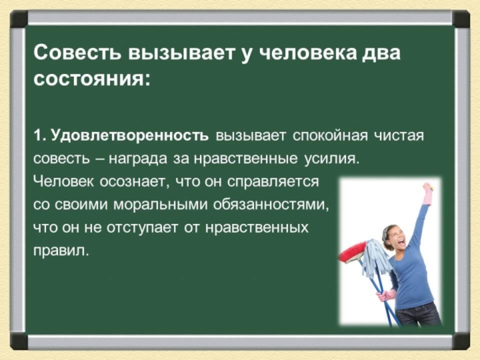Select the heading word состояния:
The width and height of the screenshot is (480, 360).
point(92,79)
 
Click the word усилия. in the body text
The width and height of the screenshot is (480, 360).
point(332,159)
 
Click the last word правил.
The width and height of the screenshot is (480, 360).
point(61,251)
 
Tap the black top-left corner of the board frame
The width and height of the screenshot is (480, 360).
point(19,19)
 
